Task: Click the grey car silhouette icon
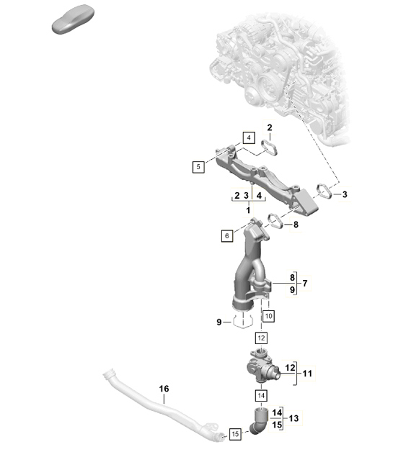(x=73, y=19)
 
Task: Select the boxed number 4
(x=249, y=137)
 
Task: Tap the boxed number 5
(x=198, y=166)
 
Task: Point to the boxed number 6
(x=227, y=236)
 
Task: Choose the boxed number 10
(x=268, y=316)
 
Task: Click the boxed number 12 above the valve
(x=261, y=338)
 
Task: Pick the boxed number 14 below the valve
(x=261, y=396)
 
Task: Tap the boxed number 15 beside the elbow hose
(x=235, y=434)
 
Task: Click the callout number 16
(x=164, y=389)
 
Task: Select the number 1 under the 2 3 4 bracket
(x=248, y=210)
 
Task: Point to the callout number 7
(x=305, y=284)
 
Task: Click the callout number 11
(x=307, y=374)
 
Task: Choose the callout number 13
(x=293, y=418)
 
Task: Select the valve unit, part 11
(x=262, y=367)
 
